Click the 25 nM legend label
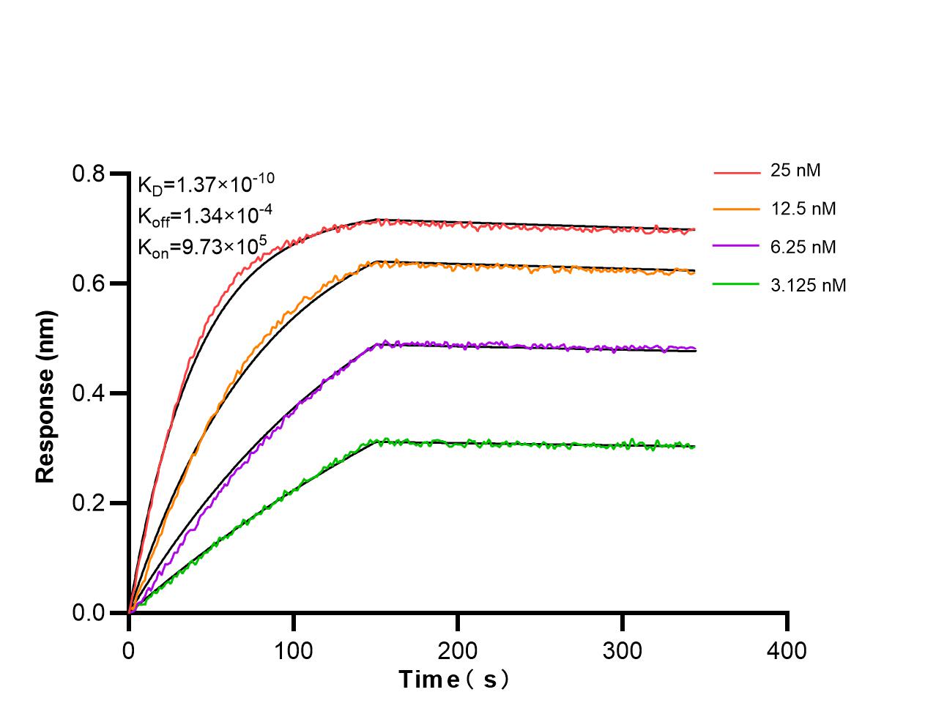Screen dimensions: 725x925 pos(795,171)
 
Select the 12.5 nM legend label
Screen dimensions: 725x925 pos(803,209)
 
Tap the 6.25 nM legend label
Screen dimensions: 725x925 pos(803,247)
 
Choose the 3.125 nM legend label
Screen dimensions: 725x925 pos(808,285)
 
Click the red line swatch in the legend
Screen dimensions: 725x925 pos(737,173)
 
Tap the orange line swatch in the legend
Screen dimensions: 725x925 pos(737,209)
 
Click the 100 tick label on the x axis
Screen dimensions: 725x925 pos(293,650)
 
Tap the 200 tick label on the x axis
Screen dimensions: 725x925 pos(458,650)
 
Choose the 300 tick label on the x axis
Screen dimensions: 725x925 pos(623,650)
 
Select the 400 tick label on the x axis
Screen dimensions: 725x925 pos(787,650)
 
